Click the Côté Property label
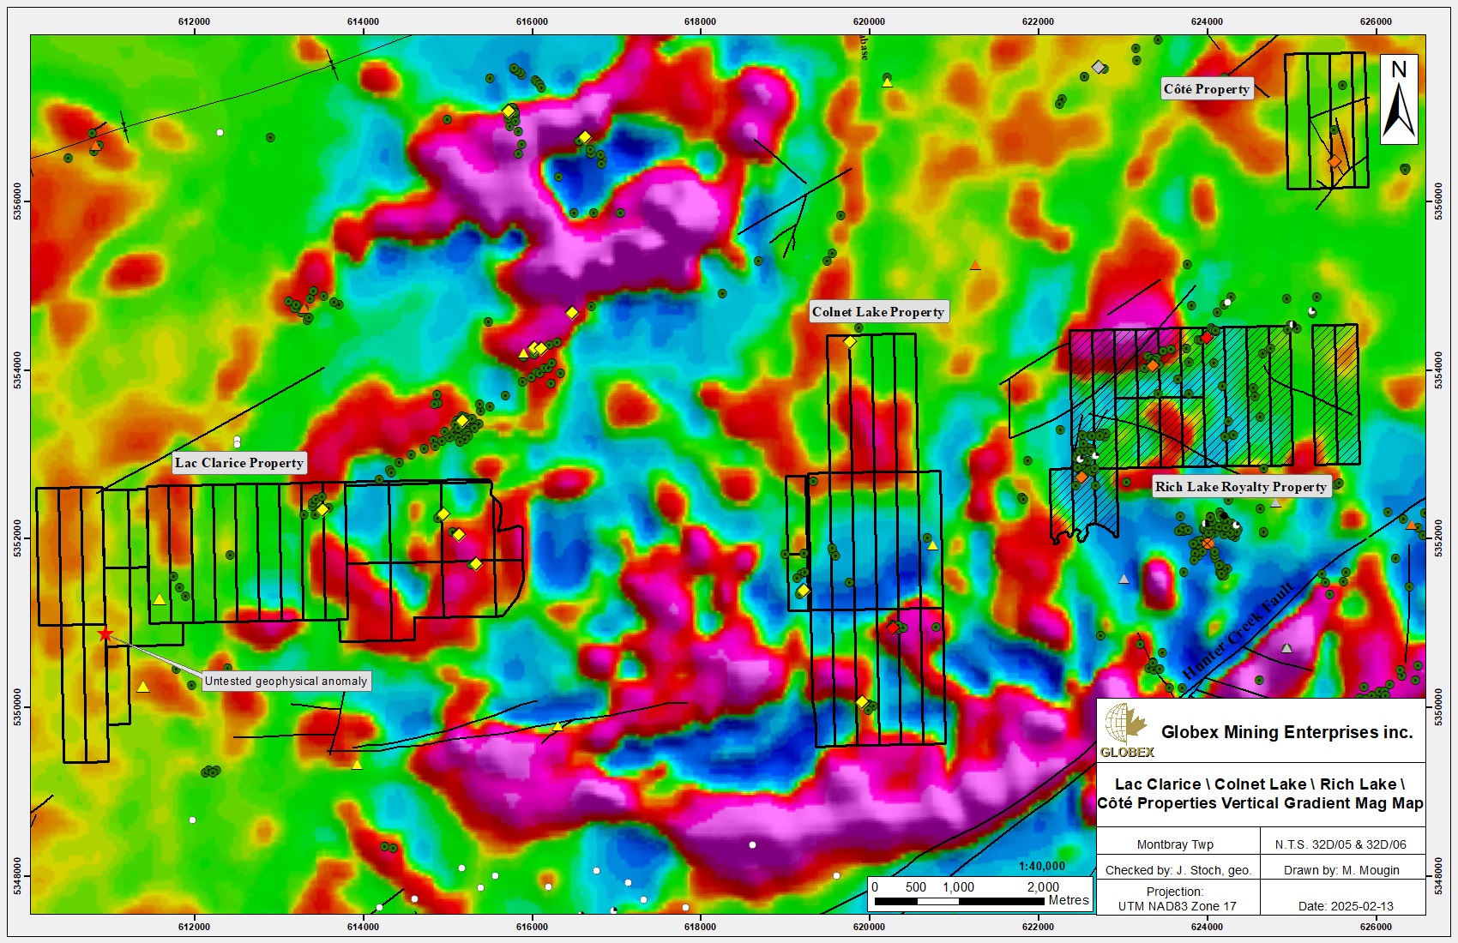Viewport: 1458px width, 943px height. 1206,89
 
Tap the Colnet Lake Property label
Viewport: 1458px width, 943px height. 878,312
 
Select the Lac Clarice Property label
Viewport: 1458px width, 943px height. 239,463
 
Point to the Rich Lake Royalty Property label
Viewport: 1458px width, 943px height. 1240,487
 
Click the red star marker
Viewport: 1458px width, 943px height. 105,634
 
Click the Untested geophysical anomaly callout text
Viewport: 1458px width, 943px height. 286,682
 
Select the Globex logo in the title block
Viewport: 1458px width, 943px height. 1126,730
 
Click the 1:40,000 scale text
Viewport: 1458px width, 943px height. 1041,866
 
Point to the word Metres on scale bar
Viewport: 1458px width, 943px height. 1068,900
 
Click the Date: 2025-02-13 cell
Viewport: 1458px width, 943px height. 1345,906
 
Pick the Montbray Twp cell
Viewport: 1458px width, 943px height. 1175,844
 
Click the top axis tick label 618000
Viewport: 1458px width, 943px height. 701,21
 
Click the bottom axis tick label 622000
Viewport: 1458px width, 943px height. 1039,927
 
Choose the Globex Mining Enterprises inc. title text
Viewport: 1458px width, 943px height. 1286,732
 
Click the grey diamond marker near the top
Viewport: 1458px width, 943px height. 1098,66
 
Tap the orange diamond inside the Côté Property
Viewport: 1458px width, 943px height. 1334,161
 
